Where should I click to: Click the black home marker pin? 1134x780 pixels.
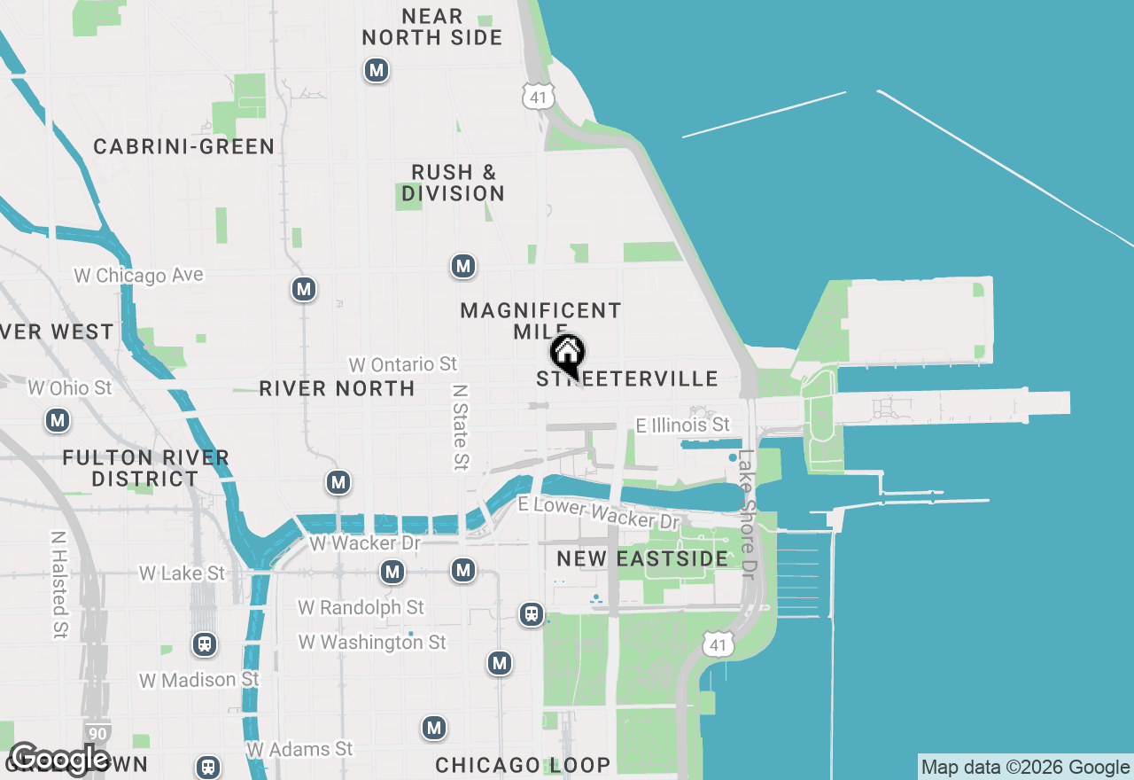pyautogui.click(x=568, y=355)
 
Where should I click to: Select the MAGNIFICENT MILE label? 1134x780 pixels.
pyautogui.click(x=540, y=321)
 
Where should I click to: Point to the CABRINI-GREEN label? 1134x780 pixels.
pyautogui.click(x=184, y=147)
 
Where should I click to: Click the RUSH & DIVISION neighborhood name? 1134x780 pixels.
pyautogui.click(x=453, y=183)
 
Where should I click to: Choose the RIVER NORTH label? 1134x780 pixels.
pyautogui.click(x=337, y=388)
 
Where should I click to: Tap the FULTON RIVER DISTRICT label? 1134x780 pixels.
pyautogui.click(x=145, y=468)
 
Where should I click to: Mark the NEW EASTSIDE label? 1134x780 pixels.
pyautogui.click(x=642, y=559)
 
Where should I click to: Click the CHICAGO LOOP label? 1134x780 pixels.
pyautogui.click(x=523, y=765)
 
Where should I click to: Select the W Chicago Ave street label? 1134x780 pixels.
pyautogui.click(x=139, y=276)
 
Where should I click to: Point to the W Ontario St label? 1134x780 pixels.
pyautogui.click(x=403, y=364)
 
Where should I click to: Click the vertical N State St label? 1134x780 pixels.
pyautogui.click(x=460, y=426)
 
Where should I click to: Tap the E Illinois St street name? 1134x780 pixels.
pyautogui.click(x=682, y=425)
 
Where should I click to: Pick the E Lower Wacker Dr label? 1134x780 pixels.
pyautogui.click(x=599, y=512)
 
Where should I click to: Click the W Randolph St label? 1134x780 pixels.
pyautogui.click(x=361, y=607)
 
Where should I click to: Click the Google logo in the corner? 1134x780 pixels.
pyautogui.click(x=59, y=759)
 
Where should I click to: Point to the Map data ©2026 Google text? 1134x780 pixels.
pyautogui.click(x=1025, y=768)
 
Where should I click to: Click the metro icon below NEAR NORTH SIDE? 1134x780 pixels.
pyautogui.click(x=377, y=70)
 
